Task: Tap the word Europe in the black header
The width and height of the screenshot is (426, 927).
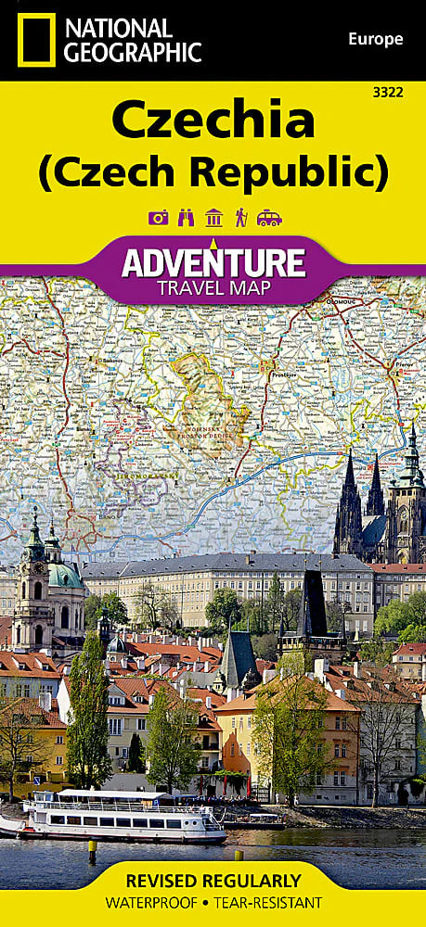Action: click(x=375, y=39)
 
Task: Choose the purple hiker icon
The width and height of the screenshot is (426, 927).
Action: click(x=240, y=218)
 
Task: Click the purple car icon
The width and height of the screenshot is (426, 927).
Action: click(x=269, y=218)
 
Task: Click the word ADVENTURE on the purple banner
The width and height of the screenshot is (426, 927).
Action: click(x=213, y=262)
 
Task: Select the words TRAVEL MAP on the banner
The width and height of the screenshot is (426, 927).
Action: click(x=213, y=287)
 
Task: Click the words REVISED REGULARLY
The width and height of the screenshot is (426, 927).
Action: click(x=213, y=881)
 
